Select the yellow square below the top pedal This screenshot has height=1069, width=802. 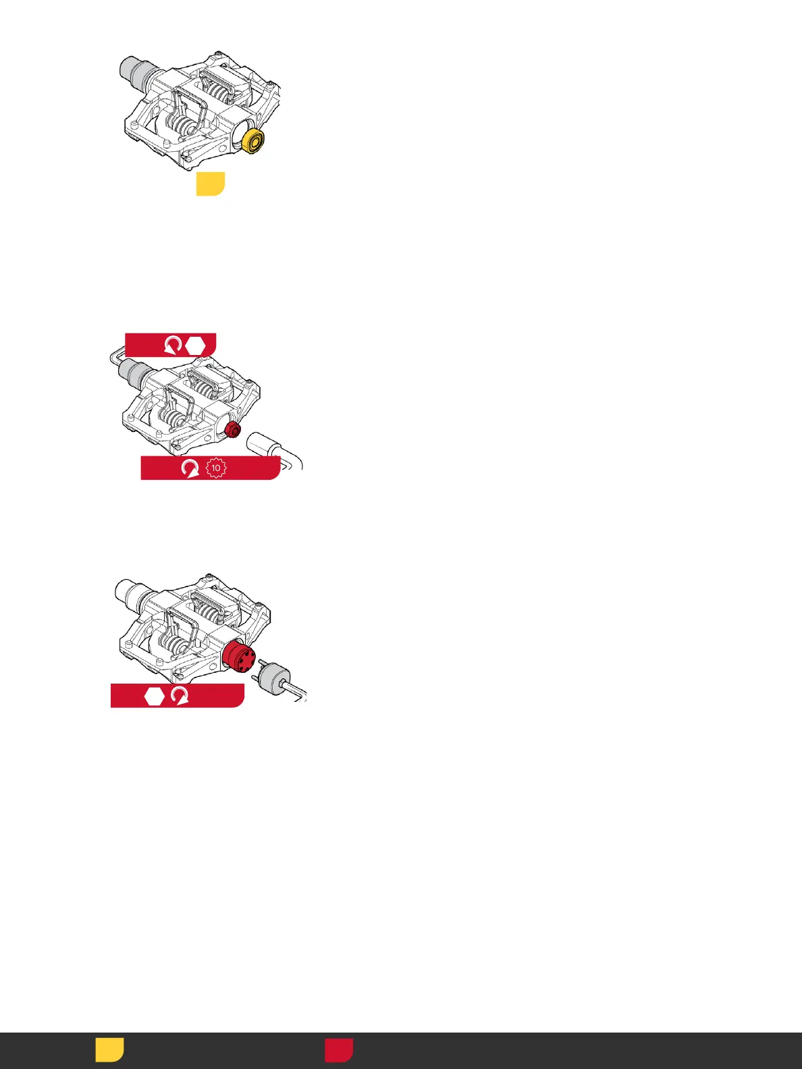tap(210, 184)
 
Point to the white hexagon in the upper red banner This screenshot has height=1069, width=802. tap(195, 346)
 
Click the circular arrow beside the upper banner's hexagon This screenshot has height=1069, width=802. tap(173, 346)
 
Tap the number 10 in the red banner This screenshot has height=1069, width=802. tap(215, 468)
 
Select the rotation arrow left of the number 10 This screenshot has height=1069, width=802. tap(190, 468)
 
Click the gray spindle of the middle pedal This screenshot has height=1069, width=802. tap(132, 370)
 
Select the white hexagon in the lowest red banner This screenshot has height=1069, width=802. tap(155, 696)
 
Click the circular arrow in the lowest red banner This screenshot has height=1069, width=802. tap(180, 696)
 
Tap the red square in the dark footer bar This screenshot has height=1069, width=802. tap(339, 1050)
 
